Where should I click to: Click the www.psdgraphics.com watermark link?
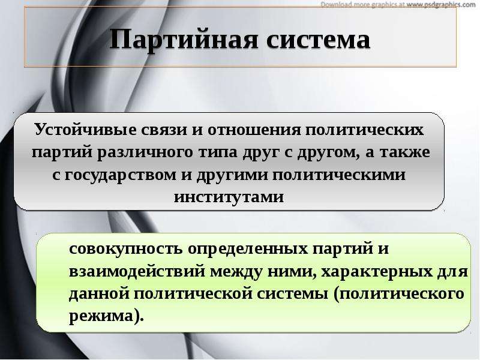[x=441, y=4]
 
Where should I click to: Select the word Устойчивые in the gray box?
[x=85, y=130]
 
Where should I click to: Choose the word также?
[x=404, y=152]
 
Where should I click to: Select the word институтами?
[x=229, y=197]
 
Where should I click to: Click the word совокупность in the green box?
[x=126, y=249]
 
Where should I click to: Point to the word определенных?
[x=248, y=249]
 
